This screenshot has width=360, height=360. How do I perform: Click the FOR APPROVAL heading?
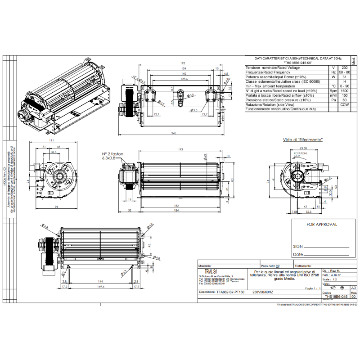tap(322, 224)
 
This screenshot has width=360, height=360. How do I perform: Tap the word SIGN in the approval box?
tap(298, 247)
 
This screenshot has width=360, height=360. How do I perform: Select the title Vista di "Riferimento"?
tap(303, 140)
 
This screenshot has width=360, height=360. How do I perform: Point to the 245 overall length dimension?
tap(173, 133)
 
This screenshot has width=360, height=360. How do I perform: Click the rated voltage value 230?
tap(345, 67)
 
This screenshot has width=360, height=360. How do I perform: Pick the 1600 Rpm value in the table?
tap(345, 90)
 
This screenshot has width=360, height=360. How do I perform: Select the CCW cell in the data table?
tap(345, 104)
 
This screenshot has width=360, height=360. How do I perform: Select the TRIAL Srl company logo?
tap(207, 272)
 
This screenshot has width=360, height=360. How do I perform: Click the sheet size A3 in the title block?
tap(353, 287)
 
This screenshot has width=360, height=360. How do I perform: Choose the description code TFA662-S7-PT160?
tap(230, 292)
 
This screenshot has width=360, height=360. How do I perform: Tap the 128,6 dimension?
tap(181, 79)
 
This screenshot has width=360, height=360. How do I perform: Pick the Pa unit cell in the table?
tap(333, 100)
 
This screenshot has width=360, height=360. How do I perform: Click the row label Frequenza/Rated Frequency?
tap(268, 72)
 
